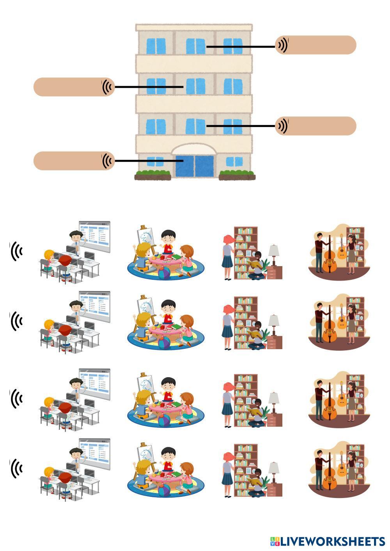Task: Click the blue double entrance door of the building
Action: (x=195, y=166)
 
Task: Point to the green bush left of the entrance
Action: (x=152, y=173)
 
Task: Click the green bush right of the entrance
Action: (x=237, y=173)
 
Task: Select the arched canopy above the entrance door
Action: (x=194, y=150)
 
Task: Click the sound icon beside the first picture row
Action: (x=16, y=251)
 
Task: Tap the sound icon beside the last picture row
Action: (x=16, y=468)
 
